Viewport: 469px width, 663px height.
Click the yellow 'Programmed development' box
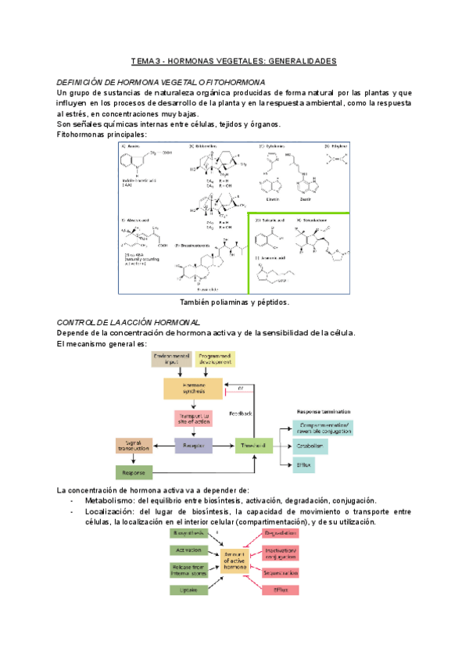[x=214, y=359]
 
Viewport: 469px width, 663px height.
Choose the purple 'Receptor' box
[x=194, y=446]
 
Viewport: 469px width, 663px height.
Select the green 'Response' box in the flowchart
[x=135, y=472]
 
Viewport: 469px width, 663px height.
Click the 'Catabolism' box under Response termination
[x=310, y=446]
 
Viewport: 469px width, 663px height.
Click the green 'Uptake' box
[x=188, y=589]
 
